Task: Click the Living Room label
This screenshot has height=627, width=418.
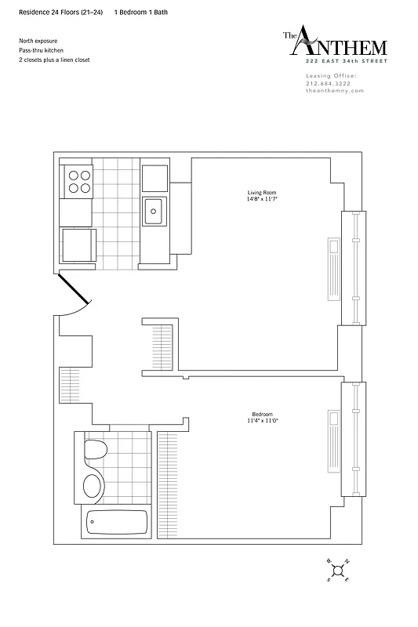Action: coord(262,192)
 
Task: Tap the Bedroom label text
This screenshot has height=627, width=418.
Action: coord(262,415)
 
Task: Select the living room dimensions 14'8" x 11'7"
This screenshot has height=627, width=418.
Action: coord(262,199)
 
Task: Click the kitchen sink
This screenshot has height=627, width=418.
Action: coord(154,209)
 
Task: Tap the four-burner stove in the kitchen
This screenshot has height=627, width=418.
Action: coord(78,182)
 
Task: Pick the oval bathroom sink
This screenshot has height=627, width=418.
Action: coord(93,486)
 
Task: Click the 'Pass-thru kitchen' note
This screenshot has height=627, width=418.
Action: coord(42,49)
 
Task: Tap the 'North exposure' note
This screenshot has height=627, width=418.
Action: coord(38,40)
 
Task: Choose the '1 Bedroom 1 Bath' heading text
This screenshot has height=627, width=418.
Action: coord(140,13)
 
